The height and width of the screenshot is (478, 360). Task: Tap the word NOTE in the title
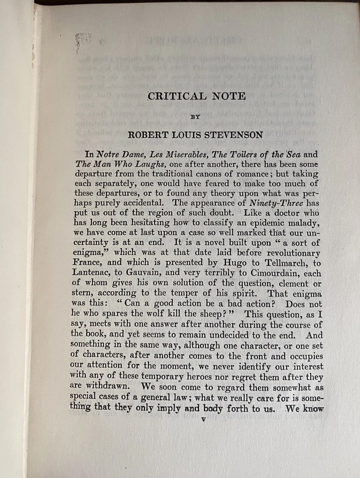(x=229, y=96)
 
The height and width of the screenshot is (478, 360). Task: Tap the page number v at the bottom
(x=203, y=420)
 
